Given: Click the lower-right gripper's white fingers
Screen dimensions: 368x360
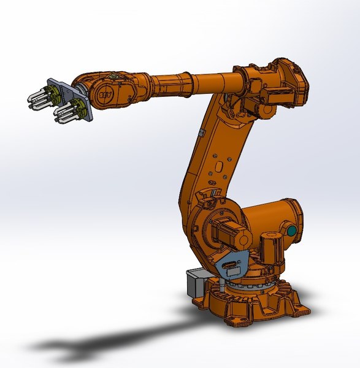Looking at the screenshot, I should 63,114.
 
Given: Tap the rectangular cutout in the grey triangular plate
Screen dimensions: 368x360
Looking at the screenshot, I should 229,267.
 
